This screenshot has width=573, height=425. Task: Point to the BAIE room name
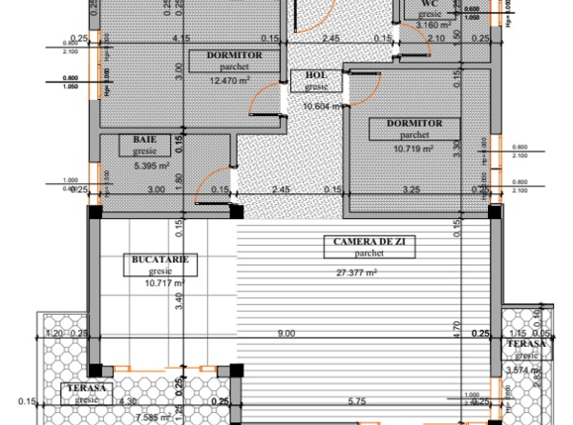pyautogui.click(x=146, y=141)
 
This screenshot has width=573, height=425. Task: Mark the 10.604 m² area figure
pyautogui.click(x=322, y=106)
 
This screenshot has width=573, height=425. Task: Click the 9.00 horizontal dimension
pyautogui.click(x=287, y=334)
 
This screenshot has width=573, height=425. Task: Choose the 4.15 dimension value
pyautogui.click(x=181, y=39)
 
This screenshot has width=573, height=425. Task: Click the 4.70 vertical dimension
pyautogui.click(x=456, y=324)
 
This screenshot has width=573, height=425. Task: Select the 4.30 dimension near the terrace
pyautogui.click(x=101, y=401)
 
